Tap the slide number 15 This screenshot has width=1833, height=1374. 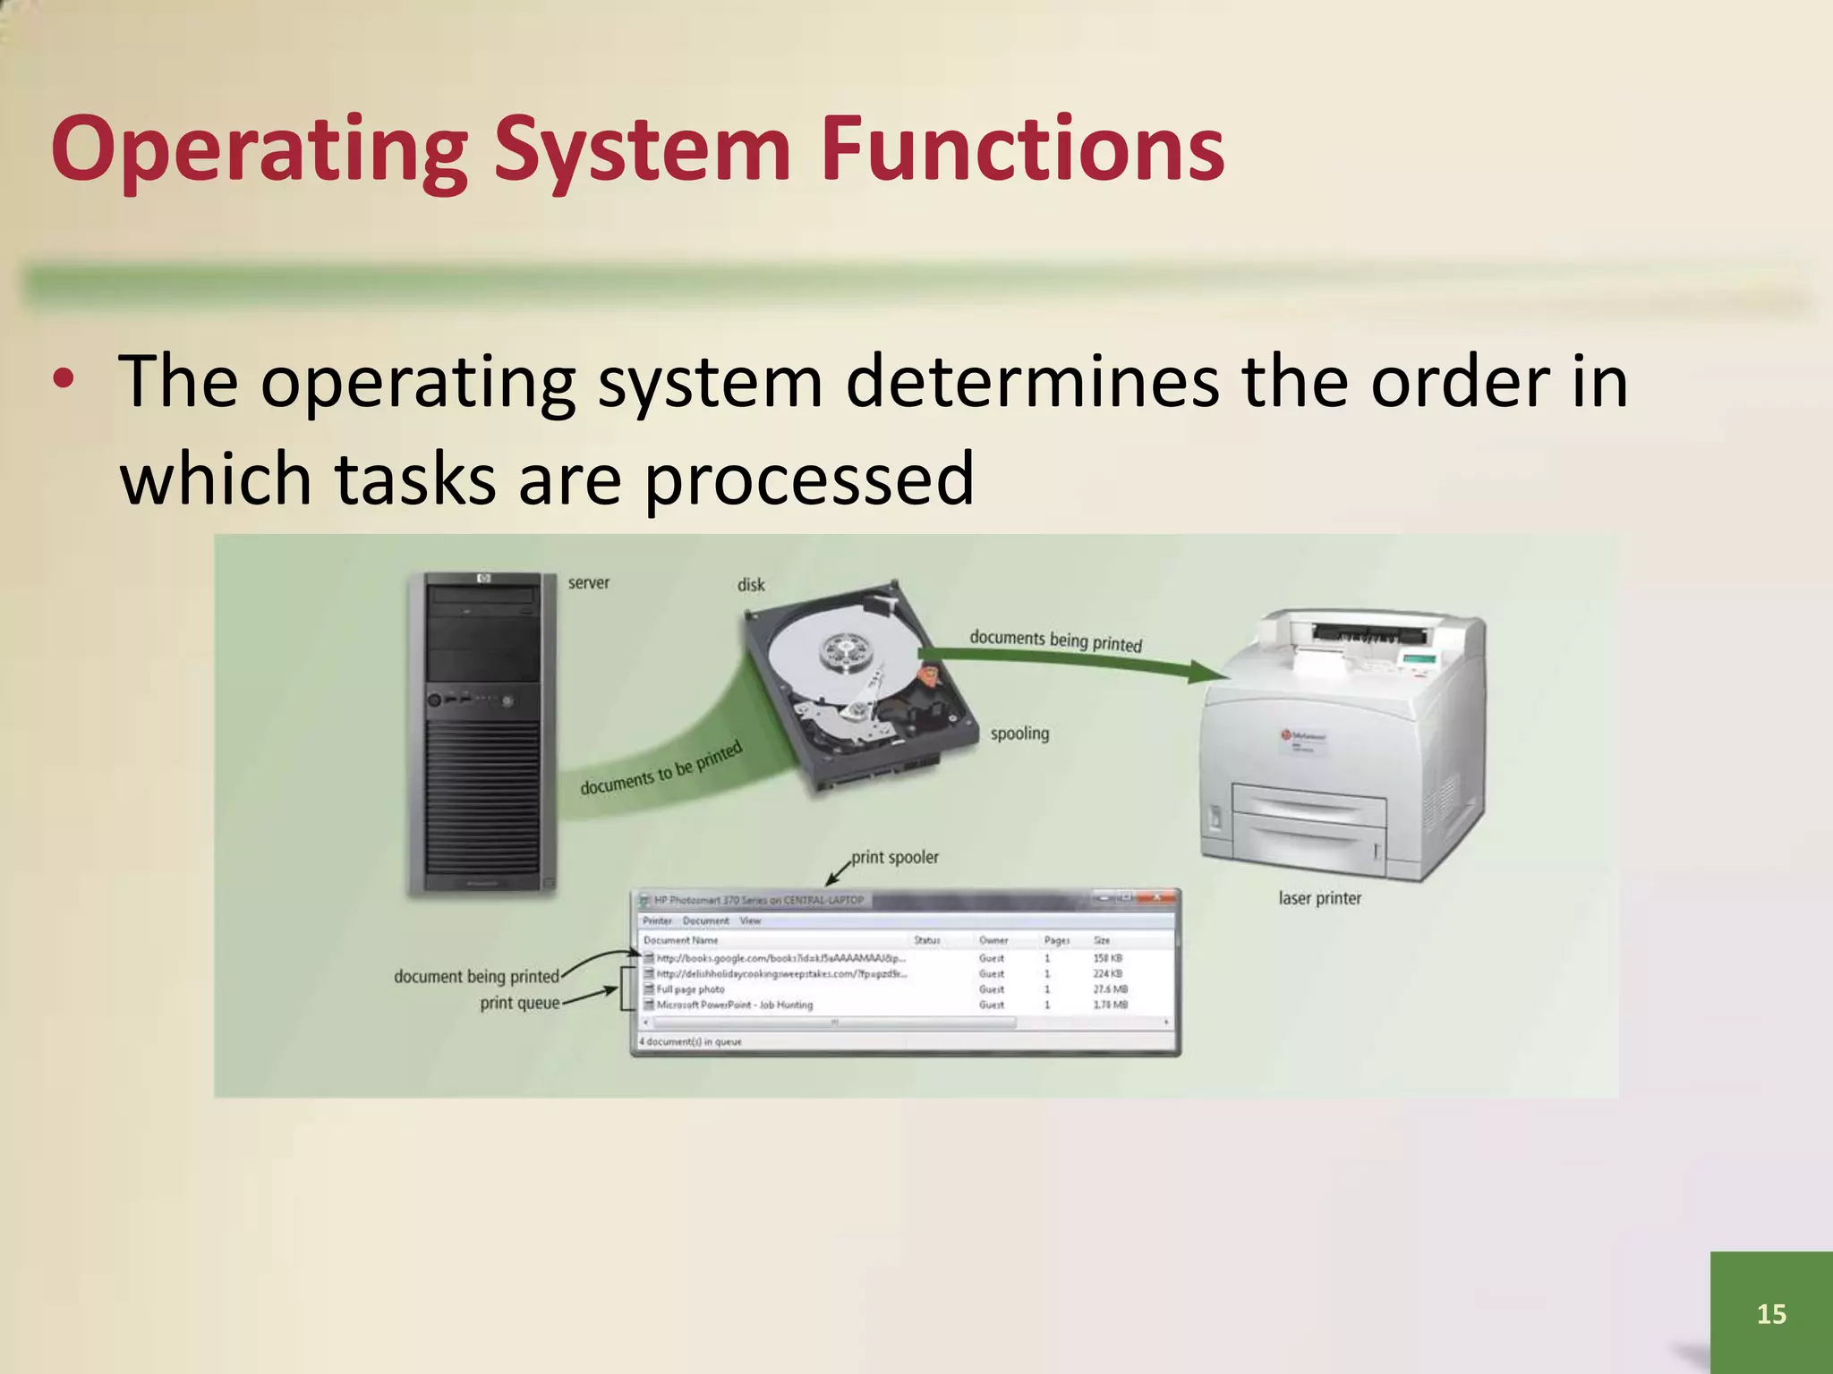click(x=1771, y=1313)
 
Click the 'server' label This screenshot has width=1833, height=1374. click(x=588, y=583)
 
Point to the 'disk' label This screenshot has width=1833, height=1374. click(x=751, y=585)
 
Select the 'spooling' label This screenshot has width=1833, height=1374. click(x=1019, y=734)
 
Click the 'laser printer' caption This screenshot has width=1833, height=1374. click(x=1319, y=898)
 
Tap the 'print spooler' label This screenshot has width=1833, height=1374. click(x=894, y=857)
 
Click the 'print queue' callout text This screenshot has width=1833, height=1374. click(x=519, y=1003)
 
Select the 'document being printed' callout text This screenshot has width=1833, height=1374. click(x=476, y=976)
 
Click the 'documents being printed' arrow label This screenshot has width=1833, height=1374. click(x=1055, y=640)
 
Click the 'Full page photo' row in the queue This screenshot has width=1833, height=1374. click(x=690, y=989)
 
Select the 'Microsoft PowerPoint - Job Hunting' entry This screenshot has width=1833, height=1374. click(x=735, y=1005)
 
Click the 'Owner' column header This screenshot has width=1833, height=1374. click(x=993, y=940)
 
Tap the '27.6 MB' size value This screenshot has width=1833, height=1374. click(x=1110, y=989)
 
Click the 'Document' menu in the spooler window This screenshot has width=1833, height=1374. click(x=705, y=920)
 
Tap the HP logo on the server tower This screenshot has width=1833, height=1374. click(x=483, y=579)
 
